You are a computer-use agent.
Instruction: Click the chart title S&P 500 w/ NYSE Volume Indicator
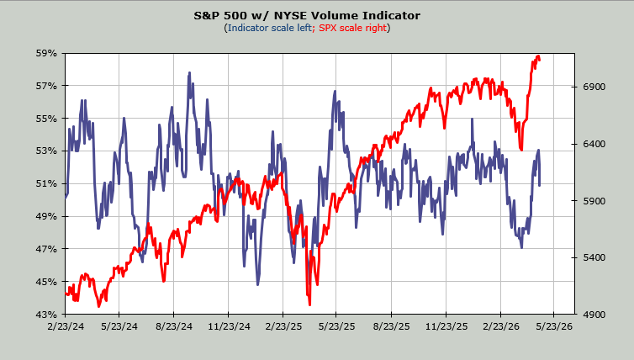[317, 15]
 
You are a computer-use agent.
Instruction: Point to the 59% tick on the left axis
[45, 53]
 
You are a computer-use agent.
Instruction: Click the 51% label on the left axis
[45, 183]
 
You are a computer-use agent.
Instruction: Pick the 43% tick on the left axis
[45, 314]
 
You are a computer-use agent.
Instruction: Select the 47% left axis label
[45, 249]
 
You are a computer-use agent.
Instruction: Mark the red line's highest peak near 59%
[536, 56]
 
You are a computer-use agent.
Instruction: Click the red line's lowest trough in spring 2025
[309, 304]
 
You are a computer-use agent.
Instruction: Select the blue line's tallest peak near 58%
[189, 73]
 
